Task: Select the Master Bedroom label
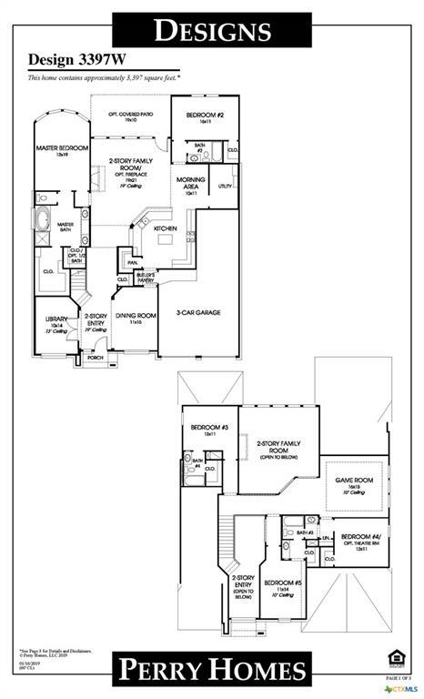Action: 62,147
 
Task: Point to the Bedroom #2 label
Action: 199,116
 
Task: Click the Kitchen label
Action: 165,228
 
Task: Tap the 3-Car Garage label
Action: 198,312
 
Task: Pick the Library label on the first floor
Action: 56,319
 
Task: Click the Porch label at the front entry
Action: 95,358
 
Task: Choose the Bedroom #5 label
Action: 284,583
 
